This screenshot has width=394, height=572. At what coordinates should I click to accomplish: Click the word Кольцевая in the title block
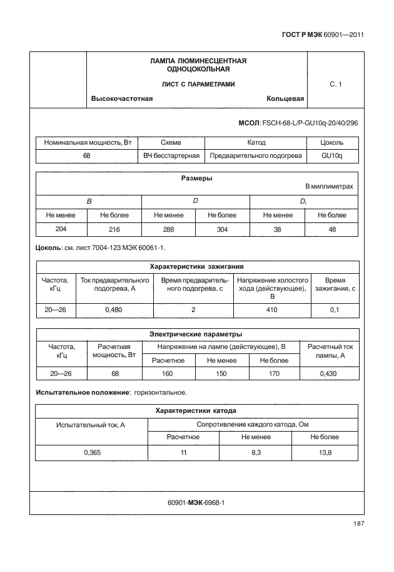(285, 99)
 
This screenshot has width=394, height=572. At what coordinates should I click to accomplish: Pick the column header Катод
(256, 143)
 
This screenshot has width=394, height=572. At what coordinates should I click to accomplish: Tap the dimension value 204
(61, 229)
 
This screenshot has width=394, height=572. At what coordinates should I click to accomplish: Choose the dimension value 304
(223, 230)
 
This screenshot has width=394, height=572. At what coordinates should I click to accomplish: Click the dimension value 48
(331, 230)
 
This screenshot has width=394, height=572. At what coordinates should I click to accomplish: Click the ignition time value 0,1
(335, 310)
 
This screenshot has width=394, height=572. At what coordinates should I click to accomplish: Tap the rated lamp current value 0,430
(329, 374)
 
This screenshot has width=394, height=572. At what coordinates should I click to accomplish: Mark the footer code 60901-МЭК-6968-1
(196, 502)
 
